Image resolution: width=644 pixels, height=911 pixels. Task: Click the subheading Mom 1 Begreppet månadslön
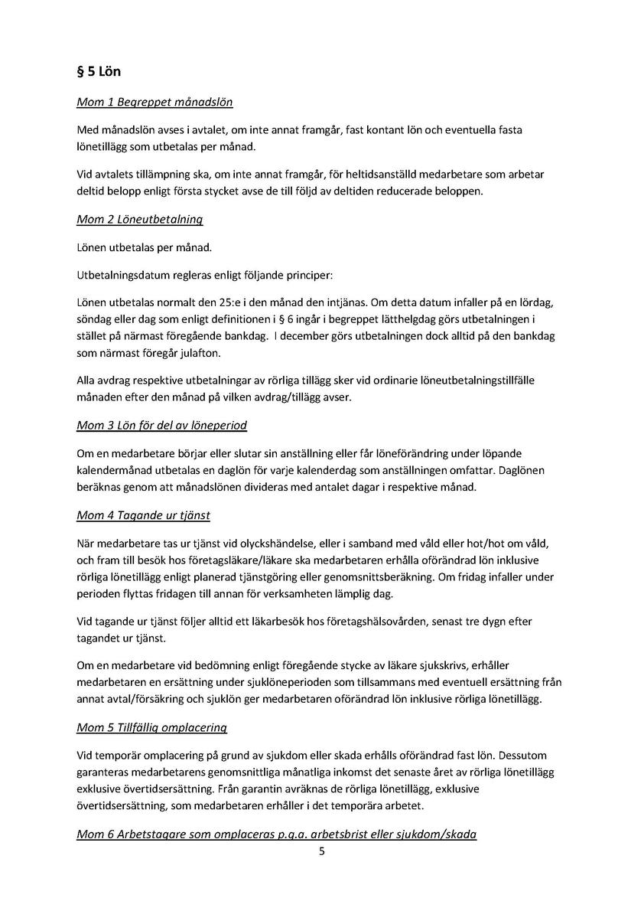154,102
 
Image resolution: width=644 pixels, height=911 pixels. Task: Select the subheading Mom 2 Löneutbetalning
139,220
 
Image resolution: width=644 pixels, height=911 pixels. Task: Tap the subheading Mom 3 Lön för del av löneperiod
161,425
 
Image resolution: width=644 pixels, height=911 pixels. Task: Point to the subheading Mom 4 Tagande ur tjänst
143,515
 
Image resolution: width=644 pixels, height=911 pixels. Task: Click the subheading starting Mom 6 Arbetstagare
276,834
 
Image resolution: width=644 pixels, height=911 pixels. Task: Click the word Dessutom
518,755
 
